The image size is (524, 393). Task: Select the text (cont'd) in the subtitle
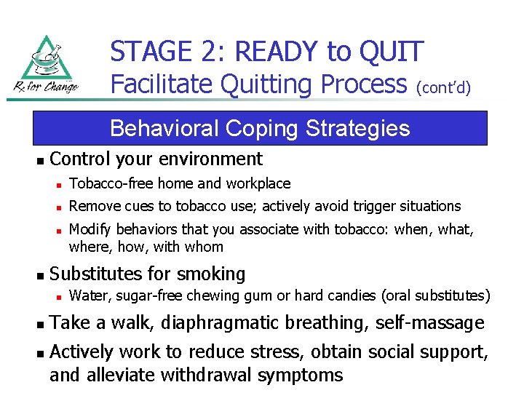pos(443,88)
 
